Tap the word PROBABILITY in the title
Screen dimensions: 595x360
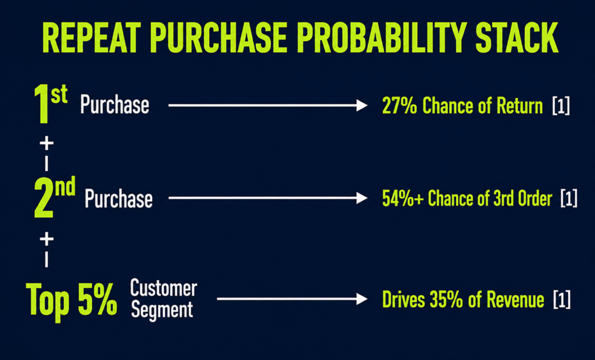(381, 38)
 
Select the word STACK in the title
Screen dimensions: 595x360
(517, 38)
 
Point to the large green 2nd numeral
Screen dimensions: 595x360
(55, 197)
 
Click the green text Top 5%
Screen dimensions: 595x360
(71, 301)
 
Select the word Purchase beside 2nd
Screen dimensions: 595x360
(119, 198)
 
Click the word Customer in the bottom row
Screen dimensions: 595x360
(163, 288)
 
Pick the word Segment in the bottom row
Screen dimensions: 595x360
(162, 309)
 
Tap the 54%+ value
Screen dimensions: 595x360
(403, 199)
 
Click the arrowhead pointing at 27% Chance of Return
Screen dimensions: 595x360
(362, 105)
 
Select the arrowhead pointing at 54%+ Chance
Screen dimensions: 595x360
(362, 198)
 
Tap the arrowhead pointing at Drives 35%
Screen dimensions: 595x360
(362, 299)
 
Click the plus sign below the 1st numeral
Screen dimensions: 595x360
(46, 143)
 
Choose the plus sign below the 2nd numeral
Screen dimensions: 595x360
(46, 239)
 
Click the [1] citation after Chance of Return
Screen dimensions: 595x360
(561, 106)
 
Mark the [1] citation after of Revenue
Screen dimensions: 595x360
(562, 300)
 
